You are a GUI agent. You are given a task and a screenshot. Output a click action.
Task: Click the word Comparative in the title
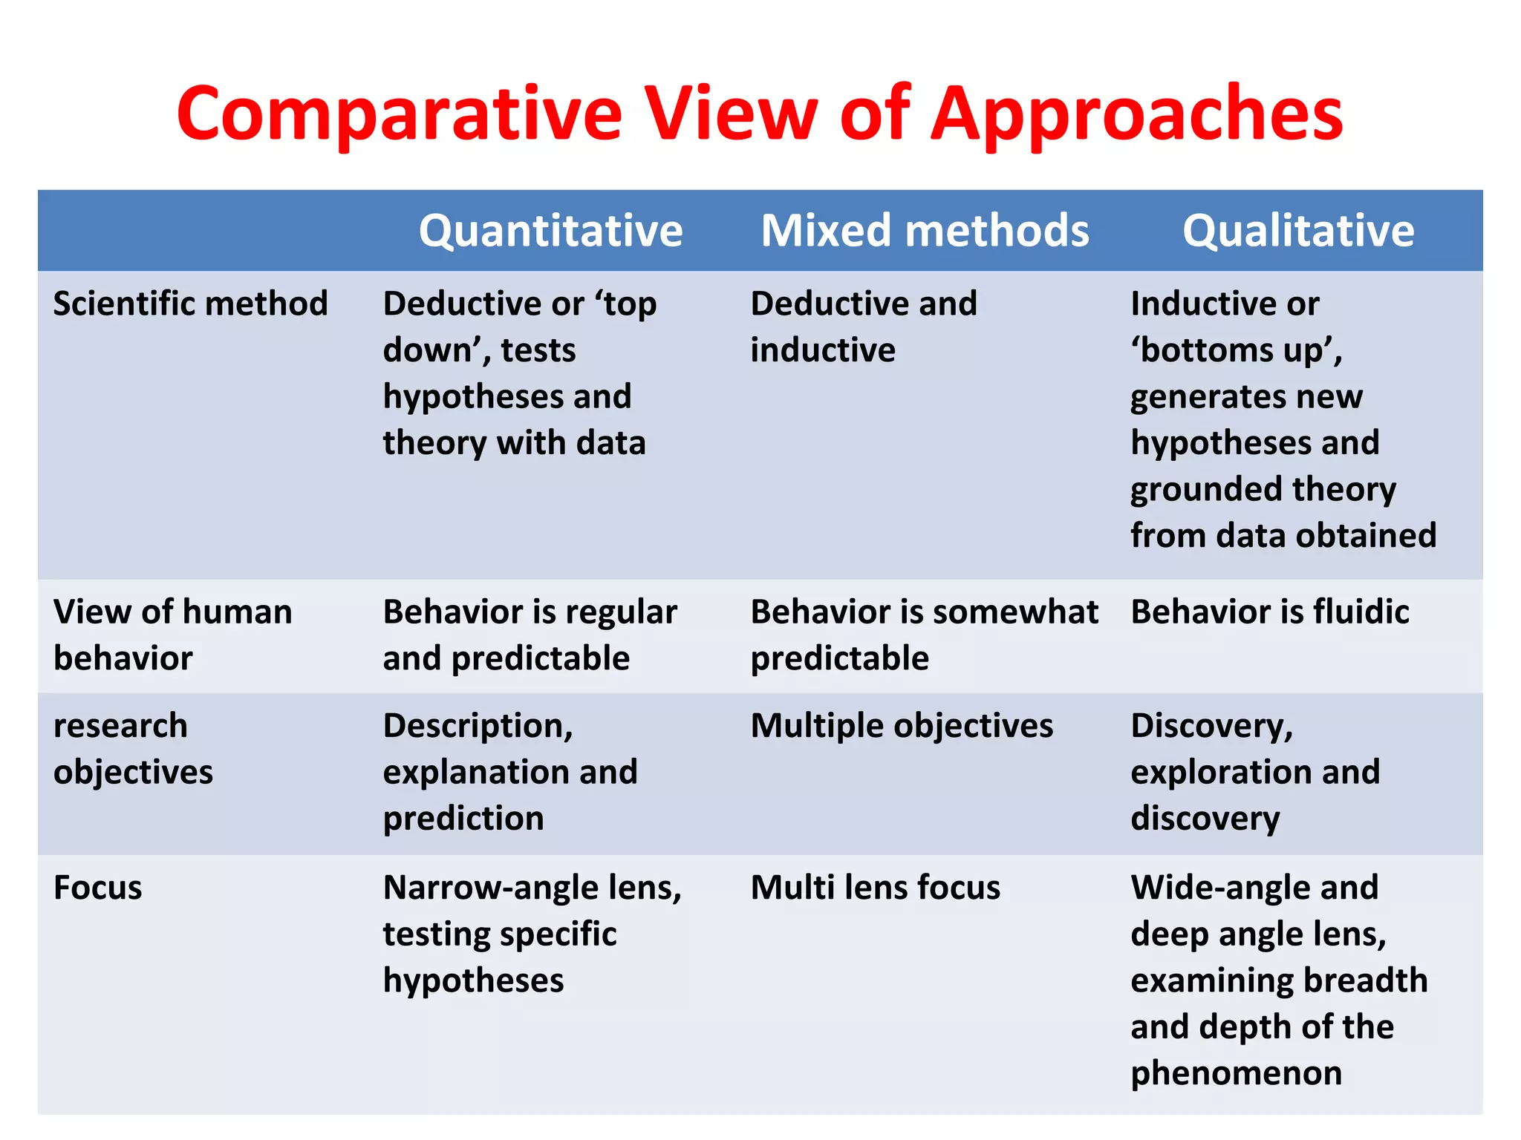[x=399, y=114]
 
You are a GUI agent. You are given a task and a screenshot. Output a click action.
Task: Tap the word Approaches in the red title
[x=1136, y=115]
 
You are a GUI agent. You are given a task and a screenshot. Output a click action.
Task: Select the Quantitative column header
[x=550, y=230]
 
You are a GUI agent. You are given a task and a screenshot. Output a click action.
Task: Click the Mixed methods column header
[x=925, y=230]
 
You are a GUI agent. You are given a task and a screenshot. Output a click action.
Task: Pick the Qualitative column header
[x=1298, y=230]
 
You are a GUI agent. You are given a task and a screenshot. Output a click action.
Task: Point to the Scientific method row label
[x=190, y=304]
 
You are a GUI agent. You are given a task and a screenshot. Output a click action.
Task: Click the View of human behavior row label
[x=172, y=635]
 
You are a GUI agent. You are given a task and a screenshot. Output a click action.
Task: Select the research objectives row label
[x=133, y=748]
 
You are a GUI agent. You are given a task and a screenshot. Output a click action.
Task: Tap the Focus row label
[x=97, y=888]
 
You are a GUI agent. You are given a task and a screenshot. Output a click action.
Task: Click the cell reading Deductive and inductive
[x=863, y=327]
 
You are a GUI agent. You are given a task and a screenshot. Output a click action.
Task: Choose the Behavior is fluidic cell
[x=1269, y=612]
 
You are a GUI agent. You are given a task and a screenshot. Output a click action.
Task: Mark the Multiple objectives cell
[x=902, y=726]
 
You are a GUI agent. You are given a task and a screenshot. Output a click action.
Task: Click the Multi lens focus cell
[x=875, y=888]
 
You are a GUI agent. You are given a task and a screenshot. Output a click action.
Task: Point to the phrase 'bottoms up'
[x=1236, y=350]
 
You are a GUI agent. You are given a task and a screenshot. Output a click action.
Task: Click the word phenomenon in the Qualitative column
[x=1236, y=1073]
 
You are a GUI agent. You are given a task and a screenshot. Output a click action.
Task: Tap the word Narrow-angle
[x=481, y=888]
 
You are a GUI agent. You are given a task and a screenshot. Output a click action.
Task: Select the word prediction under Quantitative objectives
[x=463, y=819]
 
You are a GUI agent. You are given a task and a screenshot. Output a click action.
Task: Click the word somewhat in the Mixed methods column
[x=1015, y=612]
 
